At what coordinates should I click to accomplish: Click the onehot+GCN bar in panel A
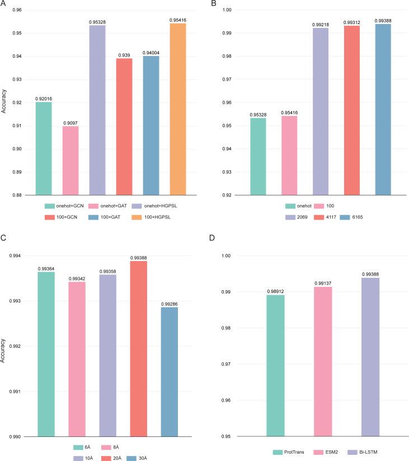(46, 148)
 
